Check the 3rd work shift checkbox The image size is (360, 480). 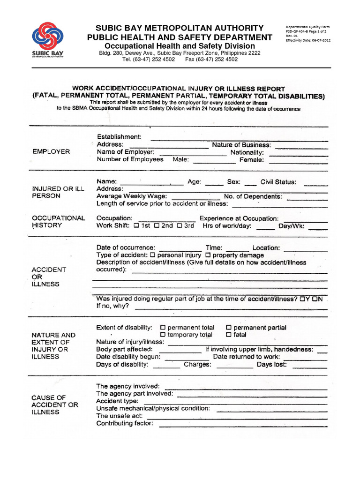(179, 225)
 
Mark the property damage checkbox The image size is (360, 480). (208, 255)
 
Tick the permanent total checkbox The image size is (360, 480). (163, 328)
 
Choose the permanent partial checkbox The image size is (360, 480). (228, 328)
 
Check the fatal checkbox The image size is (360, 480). (228, 335)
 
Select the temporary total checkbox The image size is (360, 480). (163, 335)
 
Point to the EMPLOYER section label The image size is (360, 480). (52, 152)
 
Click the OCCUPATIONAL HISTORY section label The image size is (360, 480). (58, 222)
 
